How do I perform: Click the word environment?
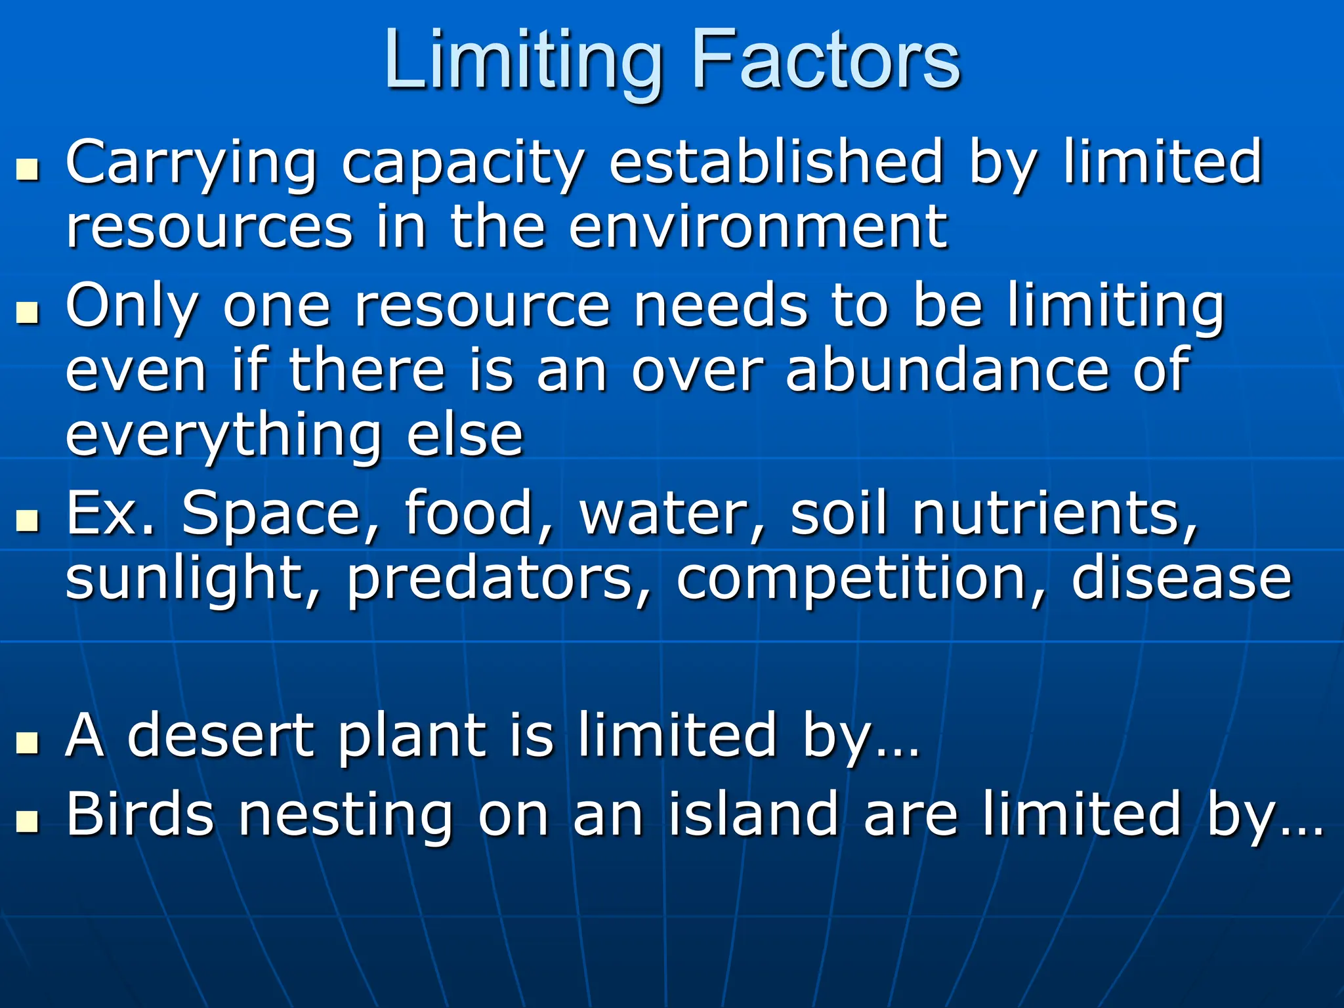758,227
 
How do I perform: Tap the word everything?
224,436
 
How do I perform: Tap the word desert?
220,736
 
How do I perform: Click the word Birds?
140,814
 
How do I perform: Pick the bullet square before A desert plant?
28,743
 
